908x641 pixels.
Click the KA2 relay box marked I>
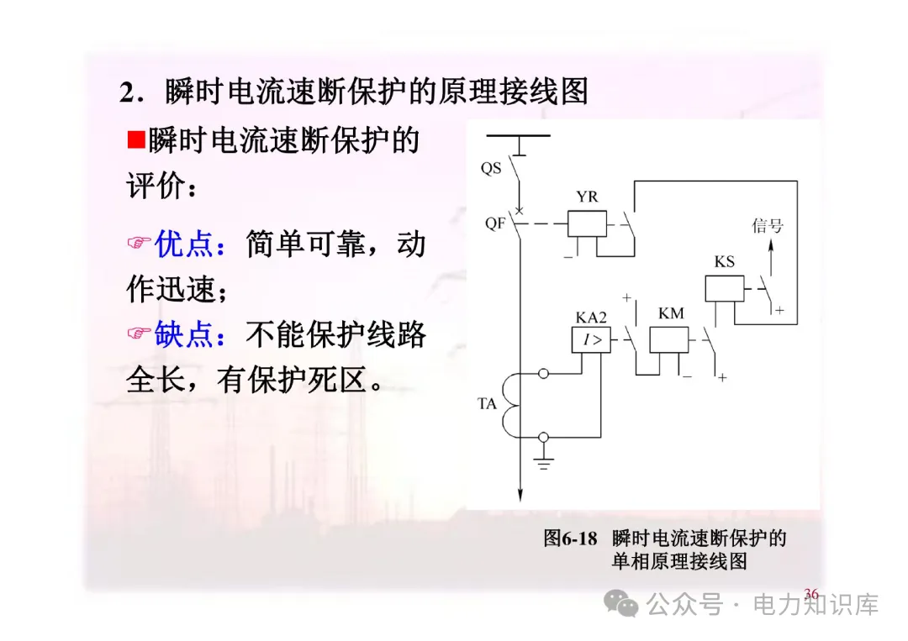pos(591,340)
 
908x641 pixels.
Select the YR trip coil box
pos(587,223)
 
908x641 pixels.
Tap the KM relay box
pos(670,340)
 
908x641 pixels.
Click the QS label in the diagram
pos(491,168)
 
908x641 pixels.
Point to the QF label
pos(494,223)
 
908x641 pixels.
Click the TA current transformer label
pos(488,404)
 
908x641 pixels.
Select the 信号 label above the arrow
pos(767,225)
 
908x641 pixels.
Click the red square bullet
pos(136,139)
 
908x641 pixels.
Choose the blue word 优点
pos(184,244)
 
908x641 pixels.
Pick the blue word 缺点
pos(184,335)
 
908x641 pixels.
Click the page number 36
pos(810,594)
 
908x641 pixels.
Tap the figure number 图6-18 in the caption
pos(570,538)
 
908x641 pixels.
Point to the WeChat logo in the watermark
pos(623,603)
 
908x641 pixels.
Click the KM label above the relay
pos(671,313)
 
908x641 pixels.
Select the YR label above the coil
pos(587,197)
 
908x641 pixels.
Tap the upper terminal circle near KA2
pos(543,373)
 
